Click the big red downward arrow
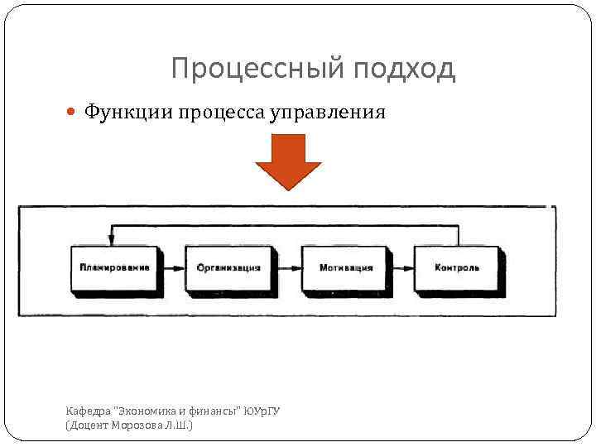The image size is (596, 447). pos(287,161)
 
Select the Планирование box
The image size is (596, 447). pos(115,269)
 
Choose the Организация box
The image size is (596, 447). pos(228,269)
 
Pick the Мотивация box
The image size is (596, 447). pos(345,269)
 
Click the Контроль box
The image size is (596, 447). pos(457,269)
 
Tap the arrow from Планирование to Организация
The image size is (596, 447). pos(173,268)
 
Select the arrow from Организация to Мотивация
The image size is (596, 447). pos(288,268)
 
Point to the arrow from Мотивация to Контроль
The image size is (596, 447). pos(401,268)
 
